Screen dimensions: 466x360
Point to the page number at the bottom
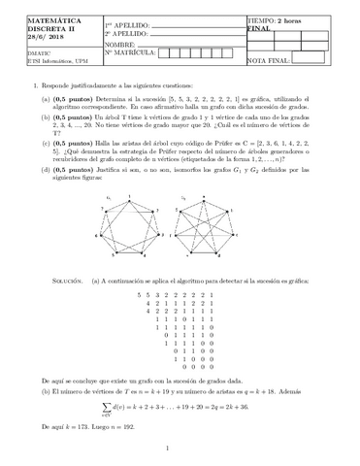pos(180,449)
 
